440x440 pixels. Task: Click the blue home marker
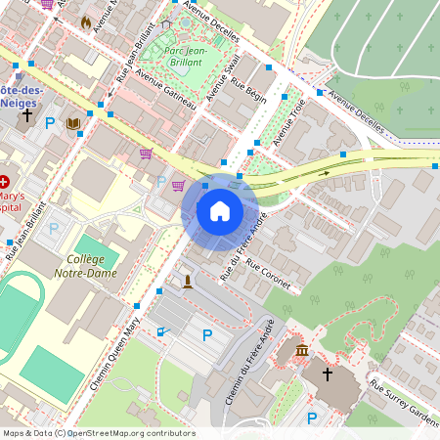coord(220,211)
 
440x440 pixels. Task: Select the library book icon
coord(73,124)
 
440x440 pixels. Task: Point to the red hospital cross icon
coord(5,182)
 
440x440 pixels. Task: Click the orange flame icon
coord(86,21)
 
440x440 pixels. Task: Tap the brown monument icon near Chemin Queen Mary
coord(187,282)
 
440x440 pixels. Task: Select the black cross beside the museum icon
coord(328,374)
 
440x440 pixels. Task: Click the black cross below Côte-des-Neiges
coord(27,115)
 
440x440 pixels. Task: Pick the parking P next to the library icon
coord(49,124)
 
